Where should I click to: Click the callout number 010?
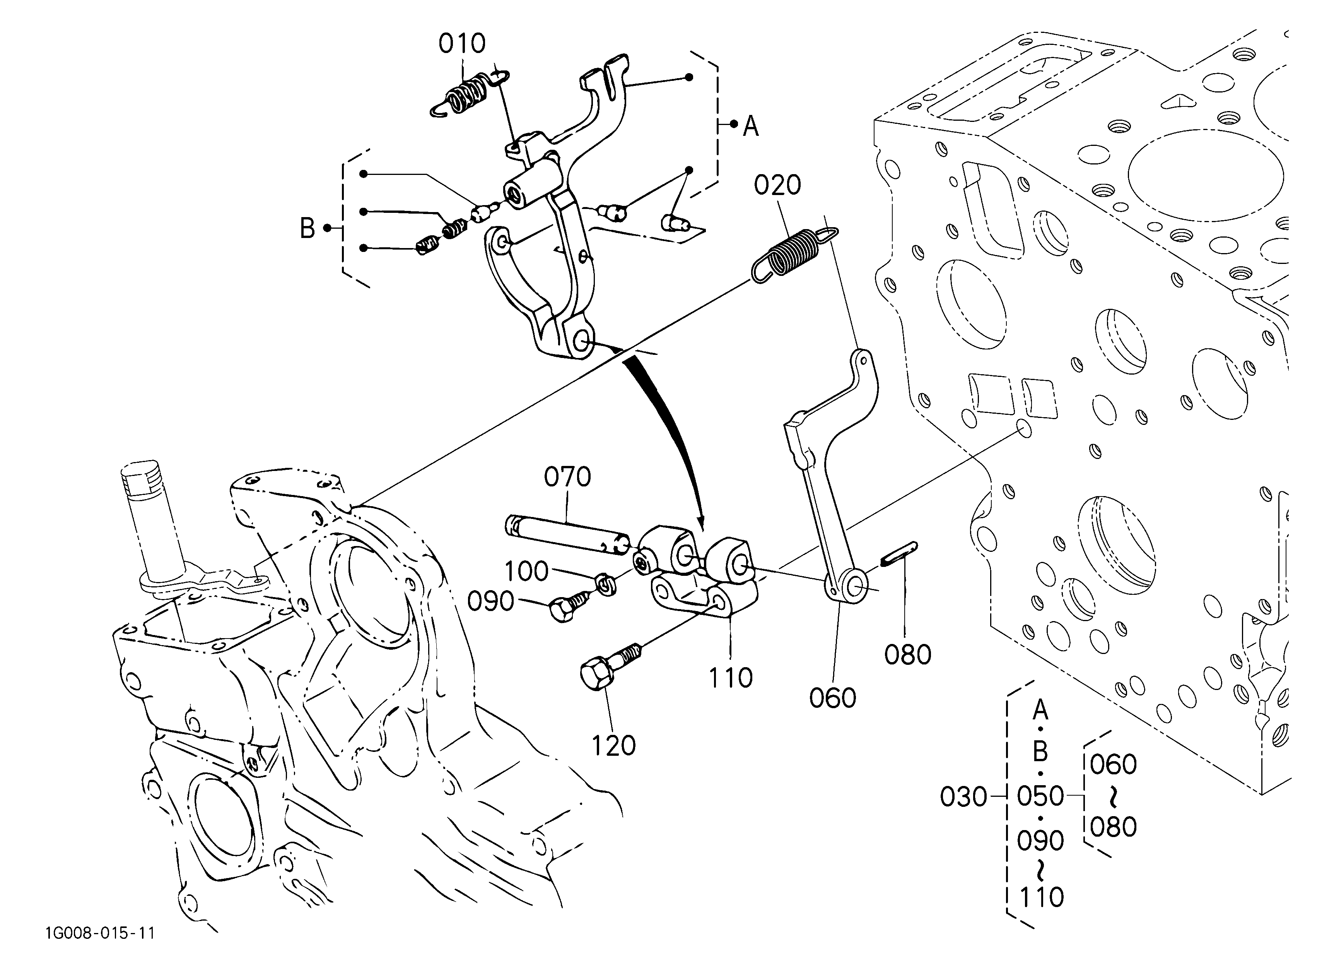[x=462, y=44]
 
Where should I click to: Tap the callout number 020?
[x=777, y=185]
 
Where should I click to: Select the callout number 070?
[x=567, y=477]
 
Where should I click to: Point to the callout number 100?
[x=526, y=571]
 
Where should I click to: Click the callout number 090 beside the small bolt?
[x=490, y=601]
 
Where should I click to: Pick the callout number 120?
[x=613, y=745]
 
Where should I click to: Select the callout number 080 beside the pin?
[x=907, y=655]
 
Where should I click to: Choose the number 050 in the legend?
[x=1040, y=797]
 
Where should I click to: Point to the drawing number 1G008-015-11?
[x=100, y=933]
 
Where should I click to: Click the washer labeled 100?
[x=606, y=584]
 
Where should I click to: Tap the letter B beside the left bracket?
[x=307, y=228]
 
